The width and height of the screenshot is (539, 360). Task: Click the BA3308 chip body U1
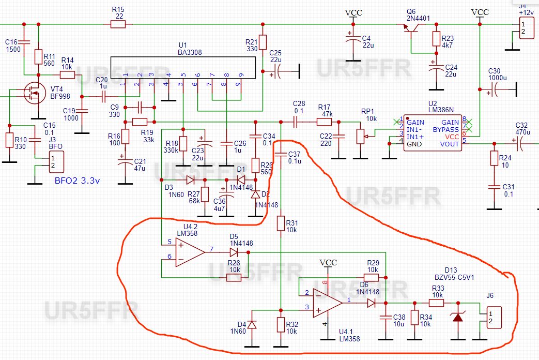183,68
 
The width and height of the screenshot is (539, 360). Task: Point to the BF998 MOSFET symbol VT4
34,94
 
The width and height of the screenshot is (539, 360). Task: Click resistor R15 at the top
121,24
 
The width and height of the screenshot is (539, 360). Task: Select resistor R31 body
280,223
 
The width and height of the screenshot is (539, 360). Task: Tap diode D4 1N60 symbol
252,324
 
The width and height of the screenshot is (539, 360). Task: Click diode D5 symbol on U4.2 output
234,252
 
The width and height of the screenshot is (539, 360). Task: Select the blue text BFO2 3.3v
77,181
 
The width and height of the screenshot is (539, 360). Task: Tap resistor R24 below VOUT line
494,157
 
